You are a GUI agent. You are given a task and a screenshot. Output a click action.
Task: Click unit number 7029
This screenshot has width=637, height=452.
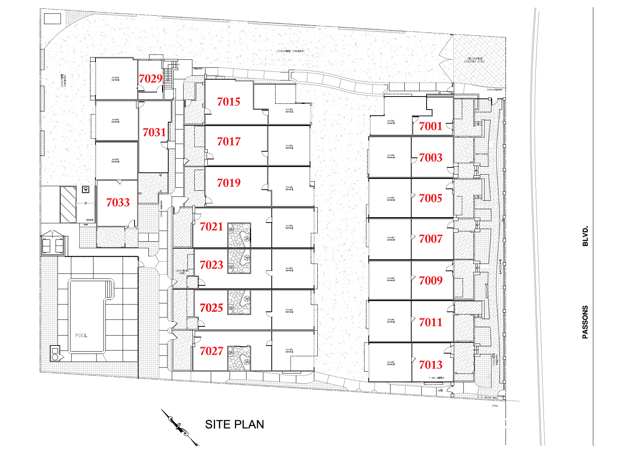point(150,79)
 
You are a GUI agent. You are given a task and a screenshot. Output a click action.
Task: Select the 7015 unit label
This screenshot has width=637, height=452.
point(228,102)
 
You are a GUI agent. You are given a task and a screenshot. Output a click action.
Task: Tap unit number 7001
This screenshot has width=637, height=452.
point(430,126)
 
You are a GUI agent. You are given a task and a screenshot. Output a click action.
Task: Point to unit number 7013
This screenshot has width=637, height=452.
point(430,365)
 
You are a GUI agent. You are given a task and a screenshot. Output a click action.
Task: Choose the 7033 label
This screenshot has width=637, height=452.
point(118,202)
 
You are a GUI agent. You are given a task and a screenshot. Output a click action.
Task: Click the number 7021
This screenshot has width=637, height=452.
point(211,226)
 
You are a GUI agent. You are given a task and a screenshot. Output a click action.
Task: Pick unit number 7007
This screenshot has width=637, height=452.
point(430,239)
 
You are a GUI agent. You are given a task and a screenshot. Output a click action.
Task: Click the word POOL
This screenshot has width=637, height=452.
point(81,335)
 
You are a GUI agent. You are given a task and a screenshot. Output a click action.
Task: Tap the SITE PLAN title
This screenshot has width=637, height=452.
point(234,424)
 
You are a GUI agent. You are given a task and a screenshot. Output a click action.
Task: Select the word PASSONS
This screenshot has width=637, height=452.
point(585,322)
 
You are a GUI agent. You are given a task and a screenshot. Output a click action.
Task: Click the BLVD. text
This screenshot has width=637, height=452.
point(585,236)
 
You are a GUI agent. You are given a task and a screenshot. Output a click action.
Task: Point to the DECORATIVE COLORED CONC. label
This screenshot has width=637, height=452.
point(474,60)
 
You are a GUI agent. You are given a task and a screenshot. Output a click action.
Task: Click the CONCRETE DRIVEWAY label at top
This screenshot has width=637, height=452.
point(291,51)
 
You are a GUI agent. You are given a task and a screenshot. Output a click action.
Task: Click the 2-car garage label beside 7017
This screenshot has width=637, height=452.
point(289,147)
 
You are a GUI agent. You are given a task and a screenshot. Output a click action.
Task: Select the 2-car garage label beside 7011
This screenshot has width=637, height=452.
point(391,321)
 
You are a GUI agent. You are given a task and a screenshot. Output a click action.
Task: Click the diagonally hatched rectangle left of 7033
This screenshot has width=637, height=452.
point(68,204)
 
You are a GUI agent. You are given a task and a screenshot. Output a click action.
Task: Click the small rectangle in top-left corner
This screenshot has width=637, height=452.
point(53,18)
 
